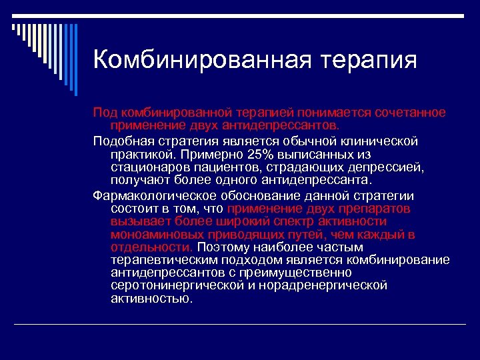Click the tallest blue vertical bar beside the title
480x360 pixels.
point(75,59)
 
